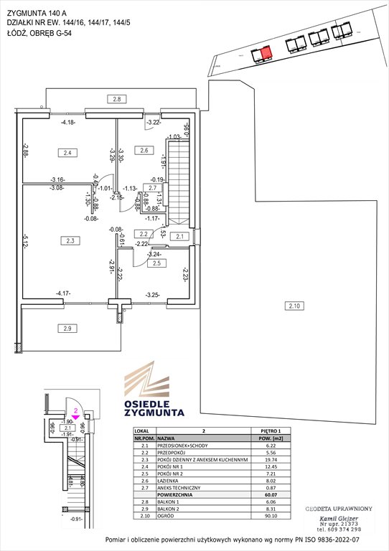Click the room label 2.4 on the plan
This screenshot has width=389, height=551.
(x=67, y=152)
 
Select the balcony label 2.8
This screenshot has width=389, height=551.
(x=118, y=98)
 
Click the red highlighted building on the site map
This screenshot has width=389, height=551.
(x=266, y=53)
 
